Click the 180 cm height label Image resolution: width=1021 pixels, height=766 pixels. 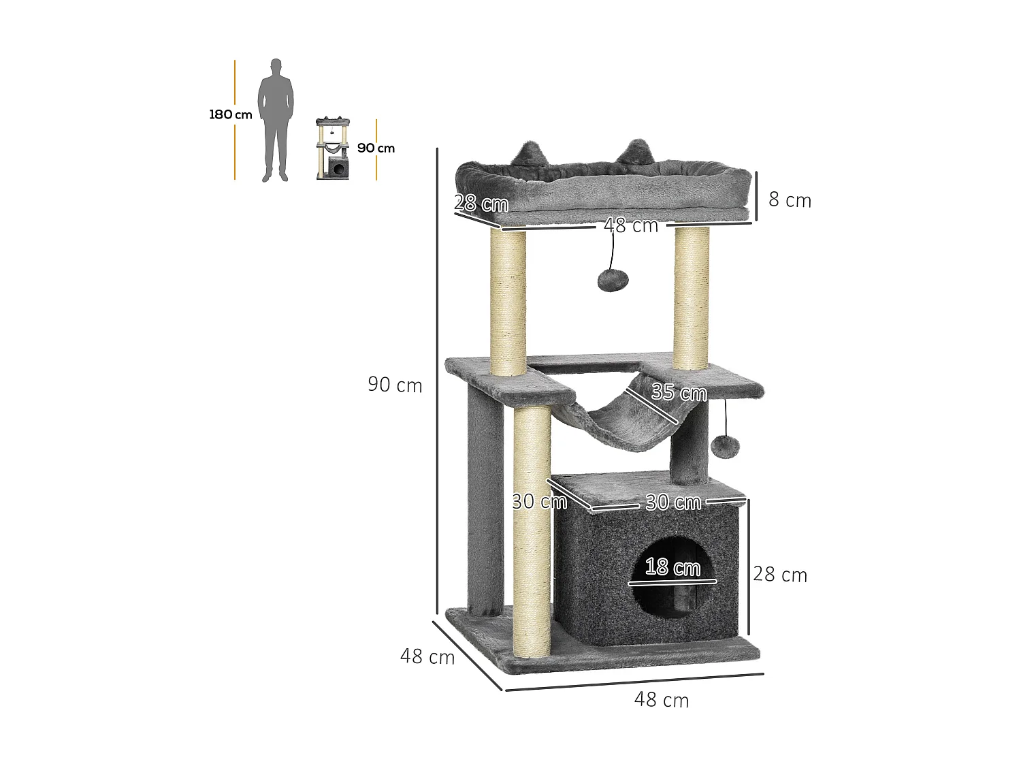(x=231, y=114)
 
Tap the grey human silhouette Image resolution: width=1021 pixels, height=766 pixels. (x=276, y=120)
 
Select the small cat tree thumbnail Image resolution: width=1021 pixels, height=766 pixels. (x=333, y=148)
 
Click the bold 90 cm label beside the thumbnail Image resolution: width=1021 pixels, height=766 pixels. (x=376, y=148)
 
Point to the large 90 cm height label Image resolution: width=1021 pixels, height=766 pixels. (x=395, y=385)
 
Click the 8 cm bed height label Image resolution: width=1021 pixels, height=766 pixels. (x=790, y=200)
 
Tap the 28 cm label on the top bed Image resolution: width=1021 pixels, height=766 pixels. (x=481, y=203)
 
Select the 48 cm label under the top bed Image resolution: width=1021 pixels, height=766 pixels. (x=631, y=225)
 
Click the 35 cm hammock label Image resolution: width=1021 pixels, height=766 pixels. (x=679, y=393)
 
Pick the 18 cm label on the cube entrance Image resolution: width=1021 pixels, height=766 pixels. (x=672, y=567)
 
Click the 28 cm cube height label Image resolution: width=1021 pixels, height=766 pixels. (x=780, y=575)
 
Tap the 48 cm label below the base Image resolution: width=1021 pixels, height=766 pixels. (x=662, y=700)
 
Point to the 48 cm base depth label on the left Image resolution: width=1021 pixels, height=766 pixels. (x=427, y=656)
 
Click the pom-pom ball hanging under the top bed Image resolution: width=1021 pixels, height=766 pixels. (x=612, y=280)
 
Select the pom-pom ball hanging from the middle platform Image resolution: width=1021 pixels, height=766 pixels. (x=725, y=447)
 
